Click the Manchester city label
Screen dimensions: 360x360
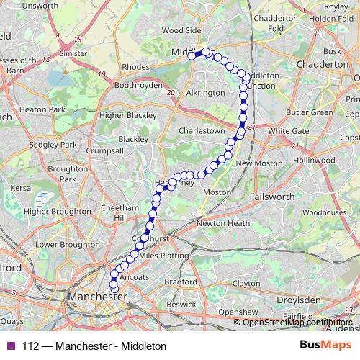[x=96, y=297]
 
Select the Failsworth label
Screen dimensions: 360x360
[x=271, y=196]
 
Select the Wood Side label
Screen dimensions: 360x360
[x=181, y=31]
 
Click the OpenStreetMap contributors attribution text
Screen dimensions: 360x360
[x=297, y=323]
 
